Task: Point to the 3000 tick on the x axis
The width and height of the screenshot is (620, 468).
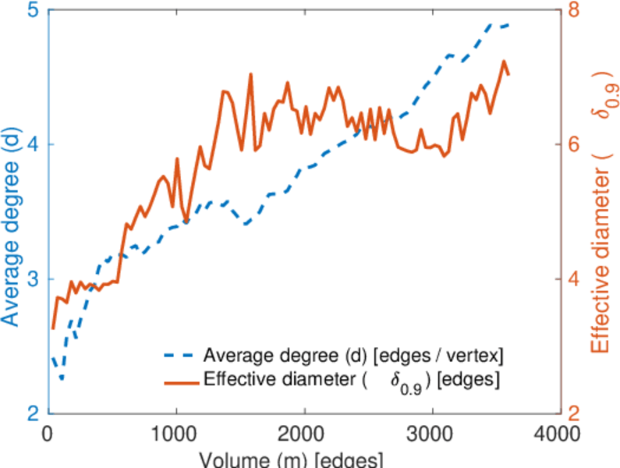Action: pyautogui.click(x=430, y=432)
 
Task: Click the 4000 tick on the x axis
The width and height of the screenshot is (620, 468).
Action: pyautogui.click(x=558, y=432)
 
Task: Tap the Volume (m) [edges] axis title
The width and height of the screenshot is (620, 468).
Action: pyautogui.click(x=302, y=459)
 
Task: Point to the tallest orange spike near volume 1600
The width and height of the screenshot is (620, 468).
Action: pyautogui.click(x=251, y=75)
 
